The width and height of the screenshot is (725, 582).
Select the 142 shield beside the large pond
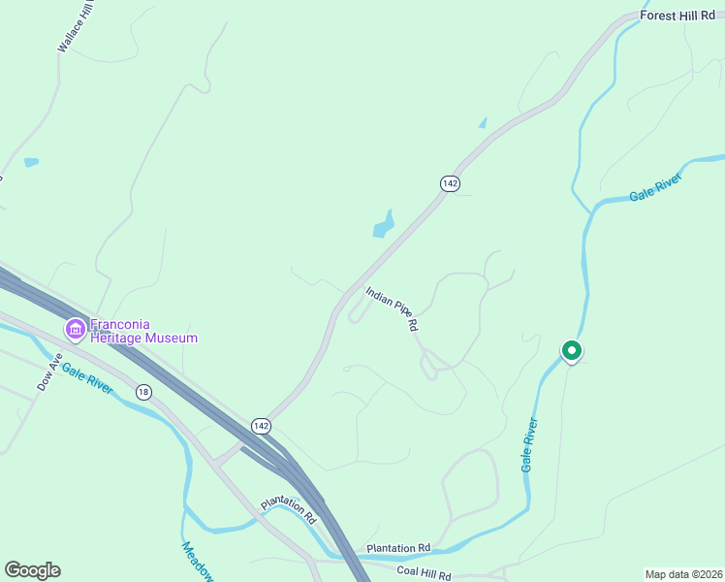[x=449, y=183]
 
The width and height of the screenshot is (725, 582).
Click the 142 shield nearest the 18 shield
[x=261, y=426]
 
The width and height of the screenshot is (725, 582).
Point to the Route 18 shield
[x=143, y=392]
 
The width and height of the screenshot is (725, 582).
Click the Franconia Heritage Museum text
[x=143, y=332]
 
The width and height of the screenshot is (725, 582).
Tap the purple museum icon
[x=75, y=330]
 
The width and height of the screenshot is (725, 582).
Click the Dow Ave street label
[x=49, y=371]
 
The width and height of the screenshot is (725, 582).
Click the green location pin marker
[x=572, y=351]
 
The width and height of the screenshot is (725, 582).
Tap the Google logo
[x=32, y=570]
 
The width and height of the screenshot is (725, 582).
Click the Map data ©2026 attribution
[x=683, y=574]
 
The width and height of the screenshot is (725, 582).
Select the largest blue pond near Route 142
[x=384, y=225]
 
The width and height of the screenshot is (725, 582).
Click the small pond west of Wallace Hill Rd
[x=32, y=162]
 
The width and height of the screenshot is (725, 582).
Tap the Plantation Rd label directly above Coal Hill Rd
[x=397, y=548]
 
